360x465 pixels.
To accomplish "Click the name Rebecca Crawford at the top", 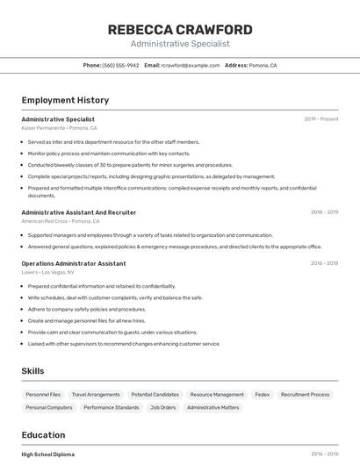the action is pos(180,30).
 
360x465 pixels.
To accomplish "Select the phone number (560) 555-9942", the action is pos(120,66).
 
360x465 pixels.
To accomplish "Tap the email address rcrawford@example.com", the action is pos(190,66).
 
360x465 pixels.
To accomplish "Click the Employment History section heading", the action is pos(65,101).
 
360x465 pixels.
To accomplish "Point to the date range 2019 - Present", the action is pos(320,119).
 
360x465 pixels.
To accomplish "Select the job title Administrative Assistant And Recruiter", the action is pos(79,212).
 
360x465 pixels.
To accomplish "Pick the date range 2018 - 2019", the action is pos(324,212).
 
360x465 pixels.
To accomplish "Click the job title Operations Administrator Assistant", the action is pos(74,263).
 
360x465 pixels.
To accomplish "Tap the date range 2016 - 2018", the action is pos(324,263).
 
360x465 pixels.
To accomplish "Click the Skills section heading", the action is pos(32,371).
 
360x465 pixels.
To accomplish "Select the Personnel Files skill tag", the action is pos(43,395).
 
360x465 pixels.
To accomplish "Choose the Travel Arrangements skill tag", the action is pos(96,395).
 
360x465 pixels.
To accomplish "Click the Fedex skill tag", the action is pos(263,395).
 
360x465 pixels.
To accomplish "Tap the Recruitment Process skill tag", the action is pos(306,395).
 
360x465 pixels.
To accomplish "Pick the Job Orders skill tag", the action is pos(163,408).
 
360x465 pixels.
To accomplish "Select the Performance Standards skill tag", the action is pos(112,408).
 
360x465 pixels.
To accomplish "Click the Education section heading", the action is pos(43,435).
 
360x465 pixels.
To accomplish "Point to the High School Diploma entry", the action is pos(48,454).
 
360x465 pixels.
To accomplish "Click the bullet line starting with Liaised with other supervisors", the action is pos(124,344).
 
